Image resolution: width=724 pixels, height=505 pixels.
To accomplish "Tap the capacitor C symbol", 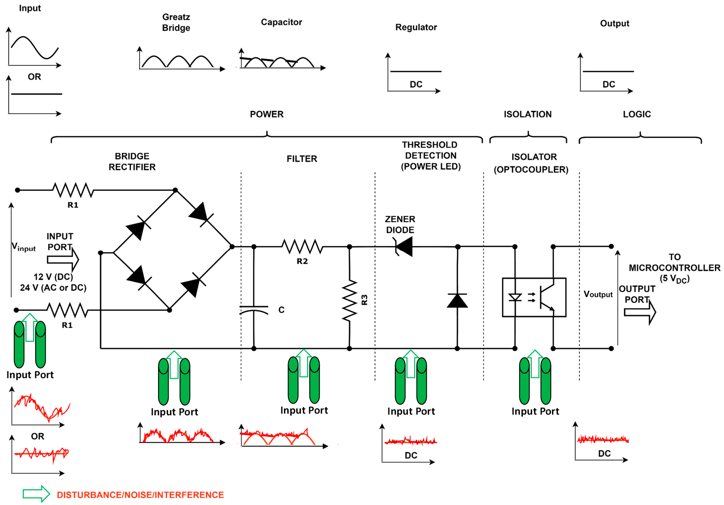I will [254, 310].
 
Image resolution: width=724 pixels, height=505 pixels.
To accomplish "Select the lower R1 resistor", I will [67, 310].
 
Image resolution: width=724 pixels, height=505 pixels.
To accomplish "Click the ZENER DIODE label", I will [400, 224].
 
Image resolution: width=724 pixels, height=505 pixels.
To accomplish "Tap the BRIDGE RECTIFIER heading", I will [132, 161].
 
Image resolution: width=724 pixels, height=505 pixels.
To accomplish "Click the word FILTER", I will [302, 159].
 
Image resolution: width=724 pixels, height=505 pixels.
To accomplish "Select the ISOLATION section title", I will [528, 114].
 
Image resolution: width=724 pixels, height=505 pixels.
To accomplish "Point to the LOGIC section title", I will [637, 114].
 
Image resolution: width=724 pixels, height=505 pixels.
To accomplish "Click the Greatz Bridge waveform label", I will [176, 22].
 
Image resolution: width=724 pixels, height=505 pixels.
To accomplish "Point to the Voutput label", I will [598, 294].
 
